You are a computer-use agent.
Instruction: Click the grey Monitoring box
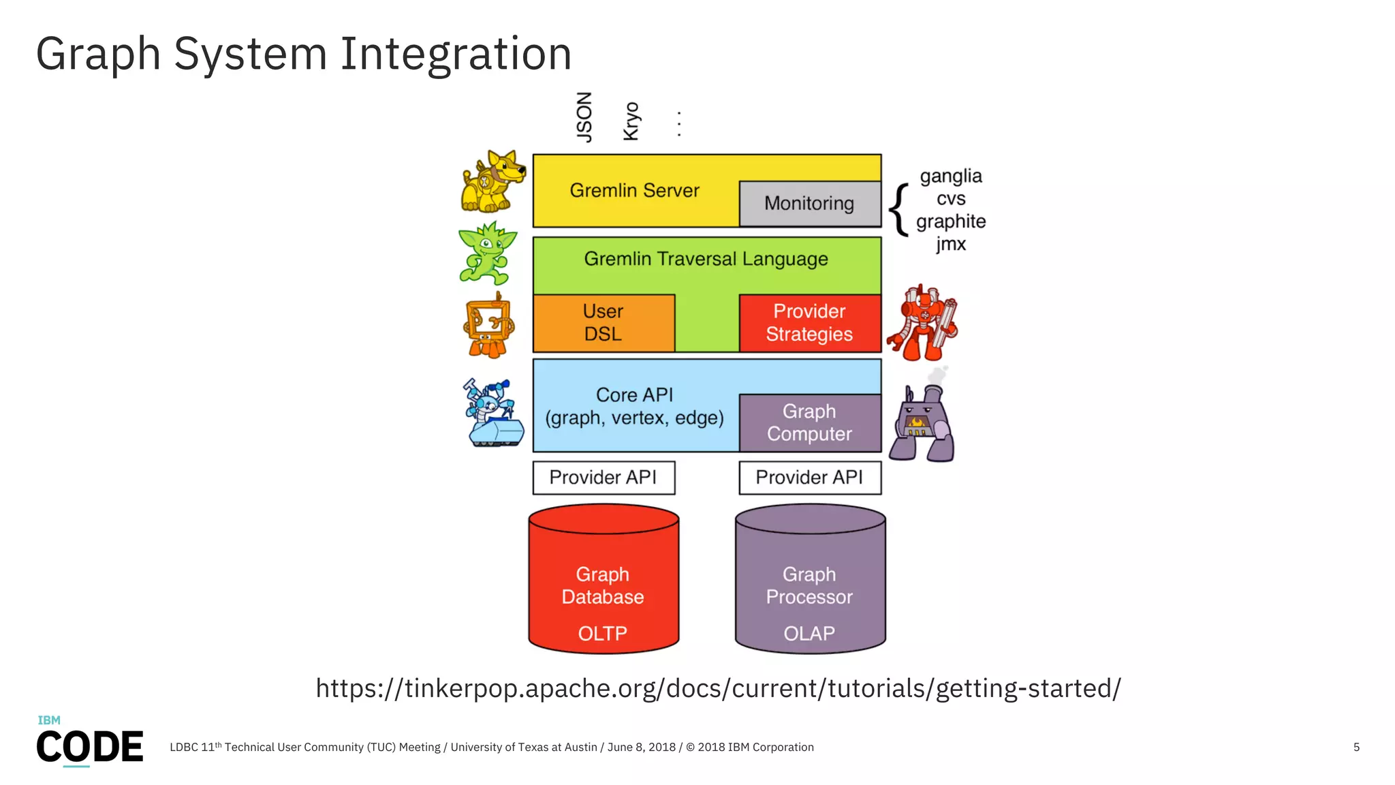(x=809, y=204)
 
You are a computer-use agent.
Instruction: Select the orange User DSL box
(x=604, y=323)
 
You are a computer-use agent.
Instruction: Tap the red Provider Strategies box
(x=809, y=323)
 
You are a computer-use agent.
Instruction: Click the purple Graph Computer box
(x=809, y=422)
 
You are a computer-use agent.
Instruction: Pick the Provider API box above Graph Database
(x=604, y=478)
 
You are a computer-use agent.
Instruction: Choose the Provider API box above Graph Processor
(x=809, y=478)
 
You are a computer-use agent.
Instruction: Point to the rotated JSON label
(x=584, y=117)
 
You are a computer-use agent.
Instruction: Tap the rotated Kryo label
(x=631, y=121)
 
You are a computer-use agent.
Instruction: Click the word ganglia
(x=951, y=176)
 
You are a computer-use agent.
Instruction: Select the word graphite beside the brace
(x=951, y=221)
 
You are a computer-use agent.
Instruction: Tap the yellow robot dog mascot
(x=492, y=182)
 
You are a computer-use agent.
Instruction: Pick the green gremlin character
(x=486, y=253)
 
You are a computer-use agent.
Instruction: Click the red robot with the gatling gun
(x=922, y=324)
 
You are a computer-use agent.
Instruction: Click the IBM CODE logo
(x=89, y=742)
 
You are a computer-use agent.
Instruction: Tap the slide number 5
(x=1356, y=748)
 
